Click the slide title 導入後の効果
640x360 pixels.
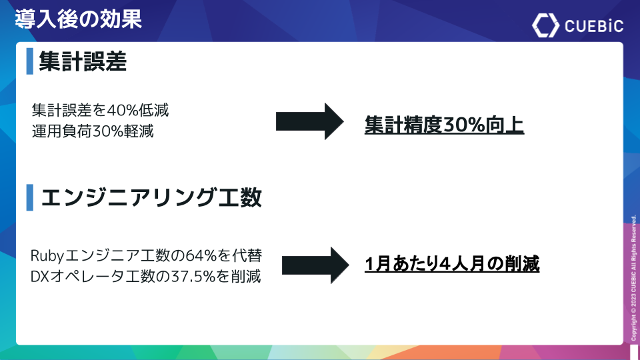tap(79, 19)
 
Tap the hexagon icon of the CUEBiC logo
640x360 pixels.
tap(546, 25)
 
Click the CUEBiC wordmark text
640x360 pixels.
tap(594, 26)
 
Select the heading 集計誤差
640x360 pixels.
tap(83, 61)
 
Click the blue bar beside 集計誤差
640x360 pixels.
tap(30, 61)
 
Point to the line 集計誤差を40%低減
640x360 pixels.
tap(101, 110)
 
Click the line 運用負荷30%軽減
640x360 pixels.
tap(93, 131)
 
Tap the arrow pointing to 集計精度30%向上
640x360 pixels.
tap(310, 121)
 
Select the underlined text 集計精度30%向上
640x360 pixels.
tap(444, 125)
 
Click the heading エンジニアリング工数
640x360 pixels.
tap(151, 197)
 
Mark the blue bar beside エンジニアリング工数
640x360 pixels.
tap(30, 197)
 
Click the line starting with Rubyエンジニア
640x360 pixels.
tap(146, 255)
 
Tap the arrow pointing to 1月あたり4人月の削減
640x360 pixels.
tap(315, 265)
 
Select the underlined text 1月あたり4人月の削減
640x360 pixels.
tap(452, 264)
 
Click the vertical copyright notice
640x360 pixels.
tap(633, 278)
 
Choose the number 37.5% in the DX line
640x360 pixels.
tap(193, 276)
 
